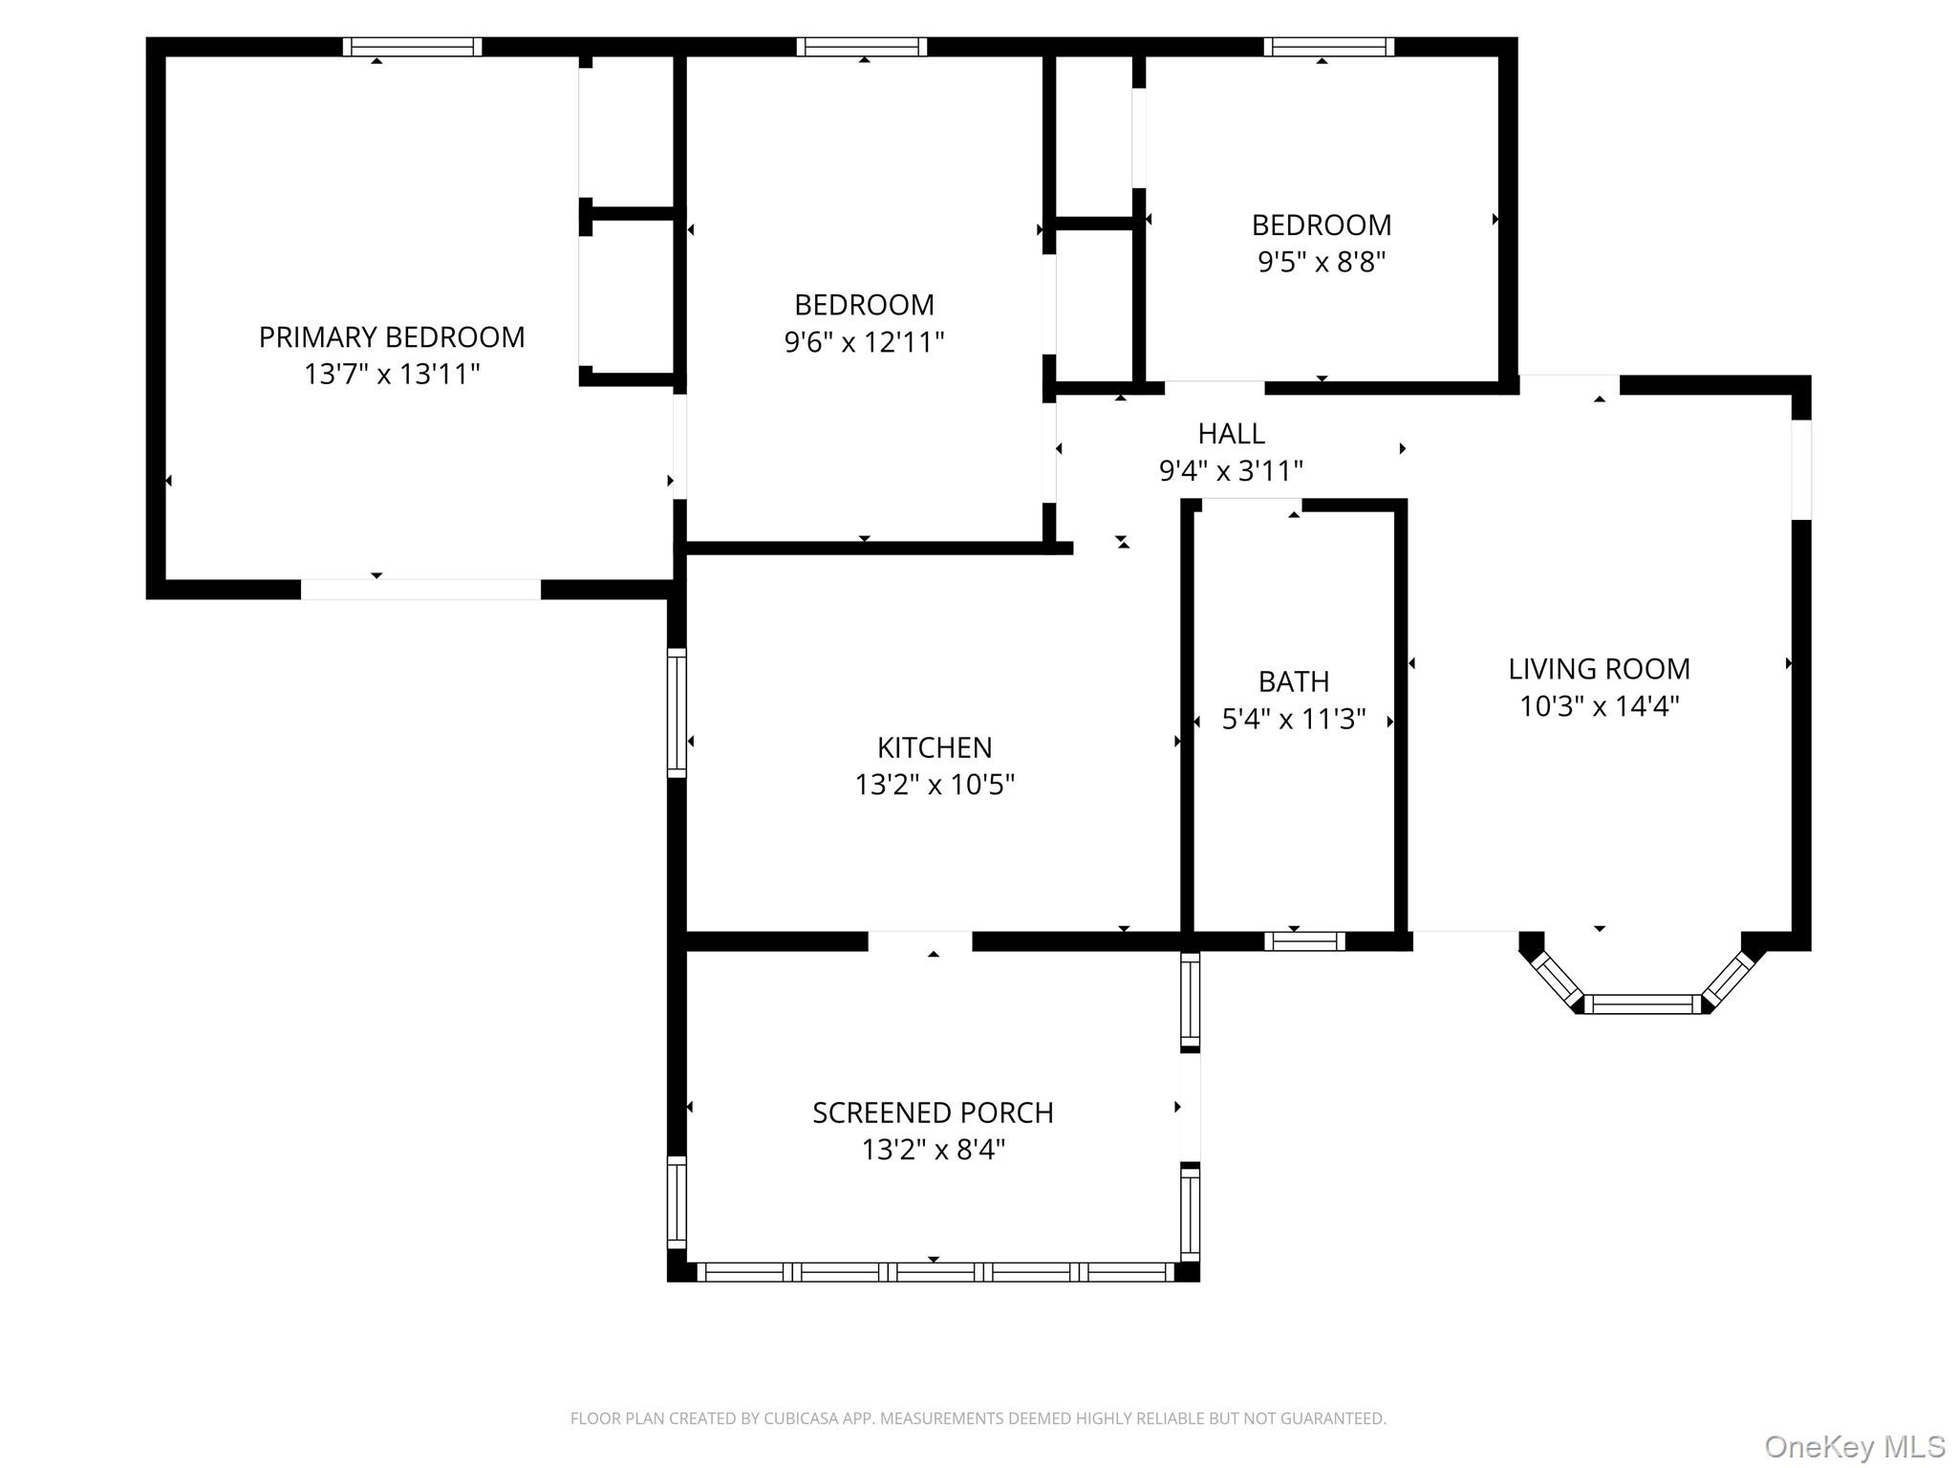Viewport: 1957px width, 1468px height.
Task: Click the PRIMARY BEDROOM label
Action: point(392,337)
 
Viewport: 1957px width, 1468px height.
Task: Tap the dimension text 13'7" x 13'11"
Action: point(392,374)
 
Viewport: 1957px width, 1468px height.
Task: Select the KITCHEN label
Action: point(935,747)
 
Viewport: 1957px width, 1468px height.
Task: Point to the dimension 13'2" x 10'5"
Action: point(935,785)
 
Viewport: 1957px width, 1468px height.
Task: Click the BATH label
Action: point(1294,681)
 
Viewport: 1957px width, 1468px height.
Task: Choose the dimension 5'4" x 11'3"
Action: point(1294,719)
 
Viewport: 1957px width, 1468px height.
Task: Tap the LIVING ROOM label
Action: point(1600,669)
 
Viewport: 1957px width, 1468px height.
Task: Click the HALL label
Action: point(1232,434)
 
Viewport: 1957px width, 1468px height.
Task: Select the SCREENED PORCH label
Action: point(934,1112)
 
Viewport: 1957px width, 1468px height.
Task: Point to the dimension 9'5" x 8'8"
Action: point(1322,262)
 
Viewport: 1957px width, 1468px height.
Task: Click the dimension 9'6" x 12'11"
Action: point(865,342)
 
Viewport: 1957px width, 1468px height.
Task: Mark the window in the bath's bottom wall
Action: point(1304,941)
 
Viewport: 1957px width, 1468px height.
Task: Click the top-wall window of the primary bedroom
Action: point(412,47)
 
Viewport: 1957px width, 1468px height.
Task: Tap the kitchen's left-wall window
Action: point(677,713)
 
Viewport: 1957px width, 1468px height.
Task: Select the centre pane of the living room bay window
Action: point(1644,1004)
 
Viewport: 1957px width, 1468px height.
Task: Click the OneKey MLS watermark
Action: point(1855,1446)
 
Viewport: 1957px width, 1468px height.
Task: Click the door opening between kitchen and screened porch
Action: point(920,941)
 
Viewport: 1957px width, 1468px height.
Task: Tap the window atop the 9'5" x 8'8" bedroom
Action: point(1329,47)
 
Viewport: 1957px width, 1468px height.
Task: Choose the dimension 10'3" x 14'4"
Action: point(1600,706)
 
